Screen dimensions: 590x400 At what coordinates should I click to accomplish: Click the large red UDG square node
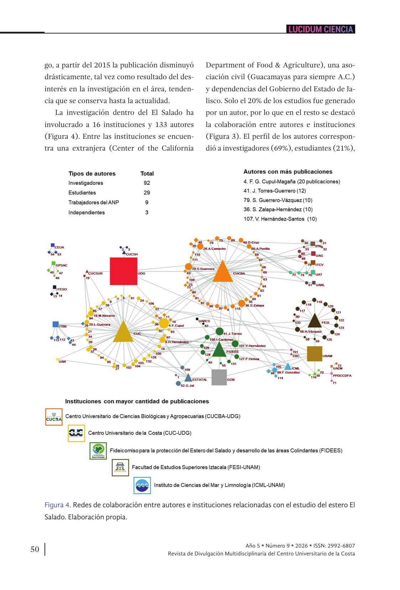pyautogui.click(x=123, y=271)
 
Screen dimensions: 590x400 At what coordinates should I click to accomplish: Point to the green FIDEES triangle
pyautogui.click(x=219, y=350)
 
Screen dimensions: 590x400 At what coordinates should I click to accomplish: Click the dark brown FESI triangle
pyautogui.click(x=314, y=321)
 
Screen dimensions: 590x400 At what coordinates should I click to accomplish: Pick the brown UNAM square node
pyautogui.click(x=315, y=354)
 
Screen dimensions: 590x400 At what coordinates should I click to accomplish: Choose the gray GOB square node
pyautogui.click(x=219, y=377)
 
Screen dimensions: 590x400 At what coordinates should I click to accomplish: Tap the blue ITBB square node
pyautogui.click(x=56, y=324)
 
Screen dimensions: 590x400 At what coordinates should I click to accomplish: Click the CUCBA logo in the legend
pyautogui.click(x=54, y=417)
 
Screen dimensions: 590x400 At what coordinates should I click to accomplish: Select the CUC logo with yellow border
pyautogui.click(x=76, y=433)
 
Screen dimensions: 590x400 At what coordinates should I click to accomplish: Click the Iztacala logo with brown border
pyautogui.click(x=120, y=467)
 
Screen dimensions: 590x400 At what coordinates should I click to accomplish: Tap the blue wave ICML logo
pyautogui.click(x=142, y=485)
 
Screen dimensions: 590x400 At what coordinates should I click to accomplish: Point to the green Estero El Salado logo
pyautogui.click(x=98, y=451)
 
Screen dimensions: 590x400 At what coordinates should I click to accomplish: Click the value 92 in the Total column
pyautogui.click(x=147, y=183)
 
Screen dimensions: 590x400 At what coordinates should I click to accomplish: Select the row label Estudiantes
pyautogui.click(x=82, y=193)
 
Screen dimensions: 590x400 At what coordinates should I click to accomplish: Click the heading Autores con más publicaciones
pyautogui.click(x=288, y=172)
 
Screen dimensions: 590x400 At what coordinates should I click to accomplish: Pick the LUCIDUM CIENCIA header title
pyautogui.click(x=321, y=29)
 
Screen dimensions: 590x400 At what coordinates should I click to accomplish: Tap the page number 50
pyautogui.click(x=35, y=549)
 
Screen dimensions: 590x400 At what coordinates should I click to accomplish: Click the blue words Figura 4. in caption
pyautogui.click(x=58, y=505)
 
